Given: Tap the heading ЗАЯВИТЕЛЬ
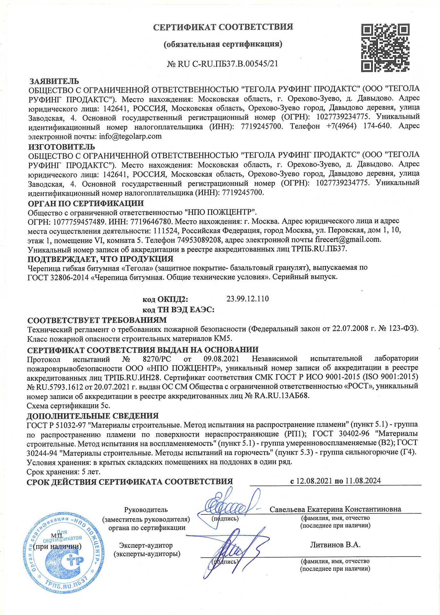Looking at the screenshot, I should point(54,81).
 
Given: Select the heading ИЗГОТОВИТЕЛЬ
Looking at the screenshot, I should point(61,147).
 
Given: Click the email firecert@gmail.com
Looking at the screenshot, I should point(348,239).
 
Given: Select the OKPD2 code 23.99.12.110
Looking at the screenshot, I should point(248,299).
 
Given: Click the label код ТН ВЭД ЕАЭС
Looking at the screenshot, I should point(178,310).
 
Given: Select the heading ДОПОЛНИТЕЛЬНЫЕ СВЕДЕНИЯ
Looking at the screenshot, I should point(93,416).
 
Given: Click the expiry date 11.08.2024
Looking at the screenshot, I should point(363,481).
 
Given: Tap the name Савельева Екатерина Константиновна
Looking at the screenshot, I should point(335,509).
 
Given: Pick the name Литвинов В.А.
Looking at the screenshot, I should point(335,545).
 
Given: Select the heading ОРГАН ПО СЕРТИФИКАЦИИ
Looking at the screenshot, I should point(86,203).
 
